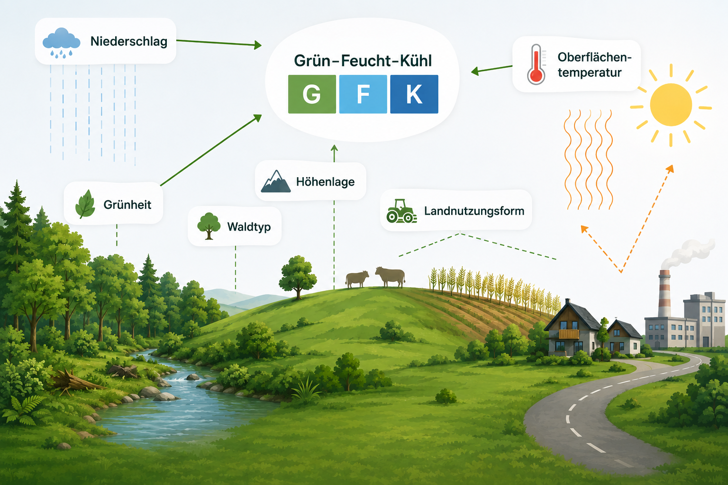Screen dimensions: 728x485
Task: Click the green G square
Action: point(312,94)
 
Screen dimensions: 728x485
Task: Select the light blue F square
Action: point(363,94)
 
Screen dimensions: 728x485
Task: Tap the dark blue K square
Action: point(414,94)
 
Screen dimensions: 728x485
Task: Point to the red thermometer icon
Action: point(536,64)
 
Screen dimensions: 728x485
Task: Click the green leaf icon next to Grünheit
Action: point(85,204)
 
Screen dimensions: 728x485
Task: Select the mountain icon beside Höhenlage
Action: point(275,181)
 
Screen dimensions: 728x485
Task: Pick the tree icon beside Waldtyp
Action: point(209,226)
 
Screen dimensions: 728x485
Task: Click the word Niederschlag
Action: point(129,42)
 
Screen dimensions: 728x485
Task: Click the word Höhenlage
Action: point(325,181)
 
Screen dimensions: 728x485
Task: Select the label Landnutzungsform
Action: point(474,211)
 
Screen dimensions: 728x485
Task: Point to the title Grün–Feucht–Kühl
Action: point(363,61)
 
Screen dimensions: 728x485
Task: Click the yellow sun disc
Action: point(671,105)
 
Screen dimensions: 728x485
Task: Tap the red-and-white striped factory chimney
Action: point(664,293)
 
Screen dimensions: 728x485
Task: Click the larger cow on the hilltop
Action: point(391,277)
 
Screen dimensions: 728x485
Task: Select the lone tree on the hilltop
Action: point(297,277)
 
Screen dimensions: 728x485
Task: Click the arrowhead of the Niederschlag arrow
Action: point(258,45)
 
